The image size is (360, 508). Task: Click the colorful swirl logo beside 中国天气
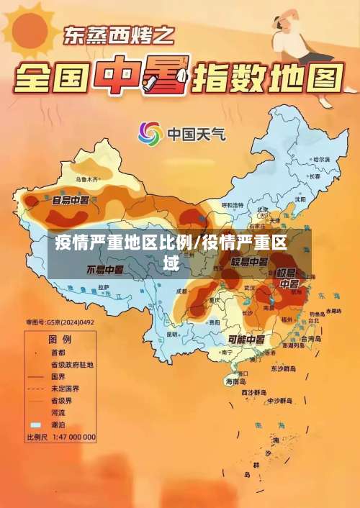coord(150,133)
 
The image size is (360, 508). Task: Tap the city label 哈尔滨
coord(321,159)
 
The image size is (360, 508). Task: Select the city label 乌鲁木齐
coord(86,178)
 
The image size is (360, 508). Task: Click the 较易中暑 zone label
coord(250,261)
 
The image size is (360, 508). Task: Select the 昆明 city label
coord(172,334)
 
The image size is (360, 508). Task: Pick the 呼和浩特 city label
coord(233,205)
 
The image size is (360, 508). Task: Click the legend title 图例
coord(59,338)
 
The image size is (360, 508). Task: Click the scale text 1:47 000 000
coord(73,437)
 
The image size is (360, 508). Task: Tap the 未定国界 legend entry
coord(64,389)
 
